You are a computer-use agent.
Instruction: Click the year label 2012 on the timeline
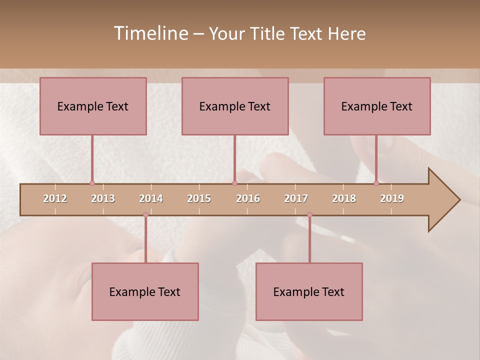pyautogui.click(x=55, y=198)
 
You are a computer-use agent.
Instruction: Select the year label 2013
pyautogui.click(x=103, y=198)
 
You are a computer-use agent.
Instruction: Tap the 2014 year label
pyautogui.click(x=151, y=198)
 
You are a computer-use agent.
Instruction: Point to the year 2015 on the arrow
pyautogui.click(x=199, y=198)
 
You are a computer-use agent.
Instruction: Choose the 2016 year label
pyautogui.click(x=248, y=198)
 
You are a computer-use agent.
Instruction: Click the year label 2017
pyautogui.click(x=296, y=198)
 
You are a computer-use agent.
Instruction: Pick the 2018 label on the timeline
pyautogui.click(x=344, y=198)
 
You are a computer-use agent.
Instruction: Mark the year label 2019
pyautogui.click(x=392, y=198)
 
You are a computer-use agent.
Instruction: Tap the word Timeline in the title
pyautogui.click(x=150, y=33)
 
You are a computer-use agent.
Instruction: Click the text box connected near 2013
pyautogui.click(x=93, y=106)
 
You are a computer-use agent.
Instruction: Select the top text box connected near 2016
pyautogui.click(x=235, y=106)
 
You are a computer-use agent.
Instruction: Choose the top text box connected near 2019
pyautogui.click(x=377, y=106)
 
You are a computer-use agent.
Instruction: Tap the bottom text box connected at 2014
pyautogui.click(x=145, y=291)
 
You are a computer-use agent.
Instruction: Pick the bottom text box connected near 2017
pyautogui.click(x=309, y=291)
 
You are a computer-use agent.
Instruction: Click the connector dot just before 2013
pyautogui.click(x=92, y=183)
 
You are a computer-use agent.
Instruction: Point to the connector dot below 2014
pyautogui.click(x=145, y=215)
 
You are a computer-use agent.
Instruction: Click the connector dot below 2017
pyautogui.click(x=309, y=215)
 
